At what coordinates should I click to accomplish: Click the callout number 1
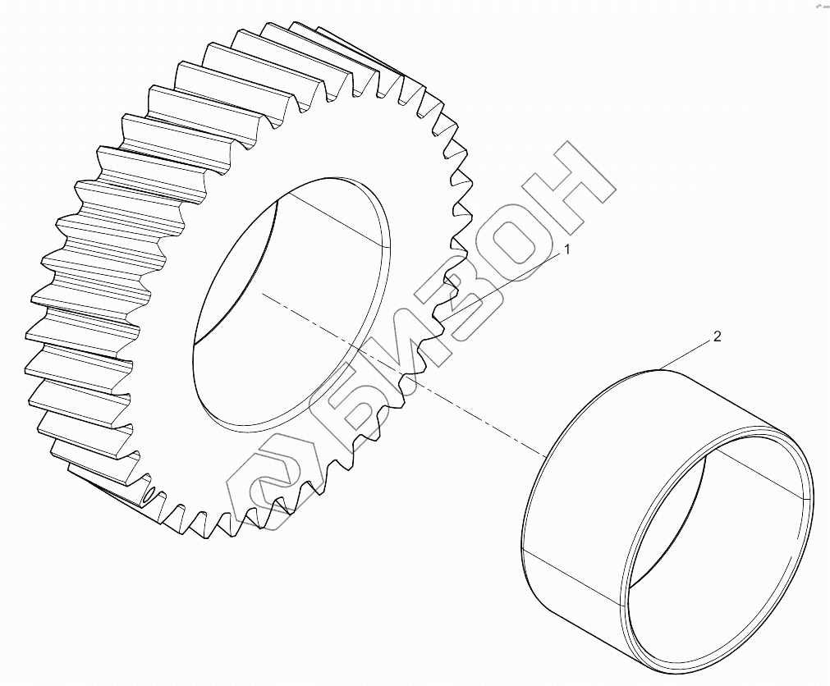[567, 249]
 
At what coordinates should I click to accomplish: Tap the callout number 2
[718, 336]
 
